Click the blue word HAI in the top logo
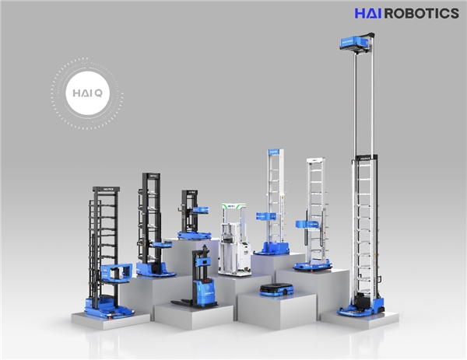pyautogui.click(x=367, y=13)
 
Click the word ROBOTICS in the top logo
pyautogui.click(x=421, y=13)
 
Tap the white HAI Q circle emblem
pyautogui.click(x=87, y=93)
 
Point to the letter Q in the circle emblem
pyautogui.click(x=99, y=93)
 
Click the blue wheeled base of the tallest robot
pyautogui.click(x=361, y=309)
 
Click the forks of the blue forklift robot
pyautogui.click(x=182, y=303)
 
